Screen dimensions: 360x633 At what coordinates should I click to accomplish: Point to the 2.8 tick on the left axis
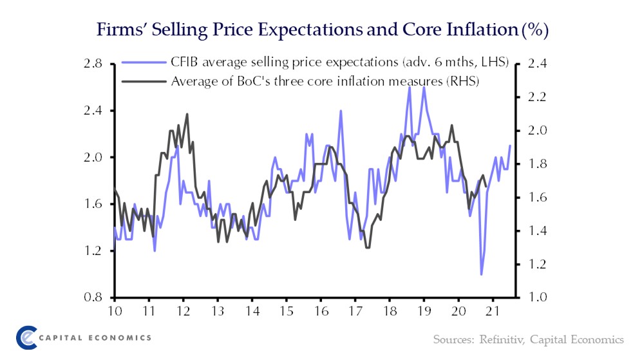[x=93, y=64]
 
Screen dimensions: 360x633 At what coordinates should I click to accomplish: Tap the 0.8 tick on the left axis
[x=93, y=298]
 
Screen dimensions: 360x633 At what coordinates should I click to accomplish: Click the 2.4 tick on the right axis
[x=536, y=64]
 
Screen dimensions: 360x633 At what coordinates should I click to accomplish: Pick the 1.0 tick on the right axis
[x=536, y=298]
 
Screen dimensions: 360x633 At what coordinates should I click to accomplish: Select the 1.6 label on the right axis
[x=536, y=198]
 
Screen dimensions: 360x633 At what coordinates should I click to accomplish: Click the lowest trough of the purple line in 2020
[x=481, y=274]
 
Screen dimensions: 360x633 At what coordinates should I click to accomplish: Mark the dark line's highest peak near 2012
[x=187, y=115]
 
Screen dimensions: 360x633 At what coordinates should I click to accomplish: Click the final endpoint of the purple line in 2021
[x=510, y=146]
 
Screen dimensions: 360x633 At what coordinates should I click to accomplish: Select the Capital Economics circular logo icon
[x=26, y=337]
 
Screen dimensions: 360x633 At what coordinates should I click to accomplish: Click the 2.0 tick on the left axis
[x=93, y=157]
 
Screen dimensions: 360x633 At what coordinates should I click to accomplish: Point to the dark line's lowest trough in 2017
[x=367, y=247]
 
